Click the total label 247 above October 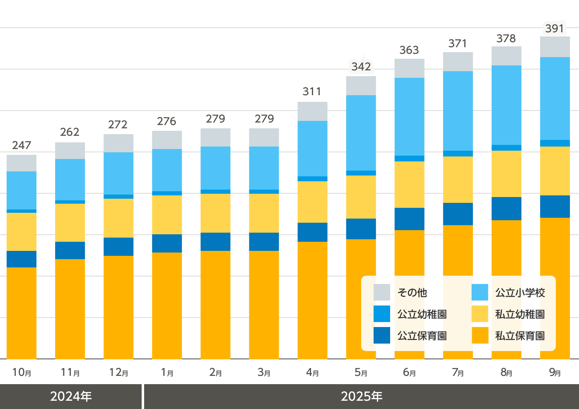click(22, 145)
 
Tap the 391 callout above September click(555, 29)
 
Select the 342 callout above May click(361, 67)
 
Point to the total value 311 click(312, 91)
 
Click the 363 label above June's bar click(409, 50)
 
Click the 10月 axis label click(22, 373)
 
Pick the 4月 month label click(312, 373)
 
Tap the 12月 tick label click(118, 373)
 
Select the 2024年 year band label click(71, 397)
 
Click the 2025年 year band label click(362, 397)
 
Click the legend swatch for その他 click(381, 292)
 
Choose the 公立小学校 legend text click(520, 293)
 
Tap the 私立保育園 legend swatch click(480, 335)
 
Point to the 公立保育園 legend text click(422, 336)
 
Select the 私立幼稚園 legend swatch click(480, 314)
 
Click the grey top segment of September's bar click(555, 47)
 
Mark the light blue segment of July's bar click(458, 111)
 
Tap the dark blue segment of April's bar click(312, 232)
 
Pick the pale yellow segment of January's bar click(167, 214)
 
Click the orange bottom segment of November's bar click(70, 309)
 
